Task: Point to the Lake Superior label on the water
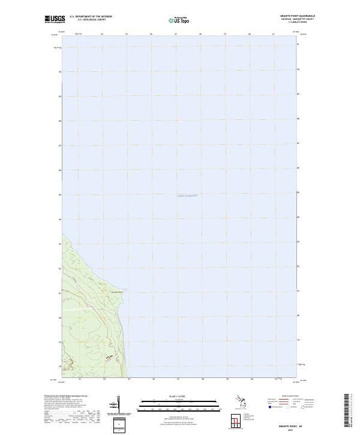187,196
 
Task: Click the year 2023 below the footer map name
292,430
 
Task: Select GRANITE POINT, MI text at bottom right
292,425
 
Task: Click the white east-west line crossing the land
78,308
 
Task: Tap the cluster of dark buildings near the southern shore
109,358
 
